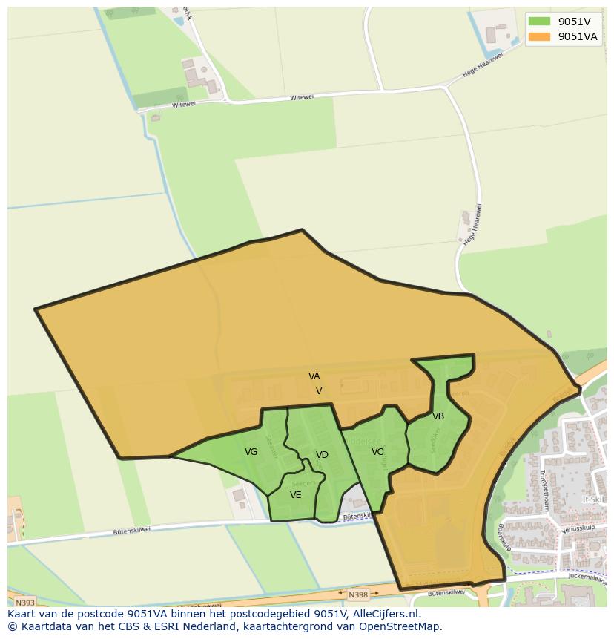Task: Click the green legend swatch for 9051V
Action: tap(539, 22)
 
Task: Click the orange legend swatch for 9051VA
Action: tap(539, 36)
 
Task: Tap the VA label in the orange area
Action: tap(314, 376)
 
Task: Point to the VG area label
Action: tap(251, 452)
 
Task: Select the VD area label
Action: tap(322, 455)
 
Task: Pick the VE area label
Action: tap(296, 495)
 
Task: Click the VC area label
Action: tap(377, 452)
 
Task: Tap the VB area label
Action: tap(438, 416)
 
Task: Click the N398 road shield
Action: tap(358, 594)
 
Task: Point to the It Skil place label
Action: tap(593, 499)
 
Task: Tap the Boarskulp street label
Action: tap(505, 538)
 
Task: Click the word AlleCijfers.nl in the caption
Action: tap(386, 614)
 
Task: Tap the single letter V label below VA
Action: tap(319, 391)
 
